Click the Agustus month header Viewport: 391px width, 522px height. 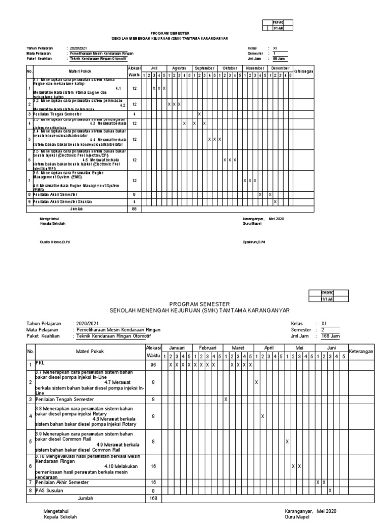tap(179, 68)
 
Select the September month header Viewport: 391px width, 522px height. tap(205, 68)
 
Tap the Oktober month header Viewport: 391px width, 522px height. tap(230, 68)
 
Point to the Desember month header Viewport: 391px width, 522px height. tap(280, 68)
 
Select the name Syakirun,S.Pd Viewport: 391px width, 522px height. tap(254, 242)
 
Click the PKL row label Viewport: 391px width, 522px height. tap(40, 363)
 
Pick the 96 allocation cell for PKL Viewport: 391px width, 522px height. tap(153, 366)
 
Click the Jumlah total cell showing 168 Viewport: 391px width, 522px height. tap(153, 499)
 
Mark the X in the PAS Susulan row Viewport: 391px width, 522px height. tap(330, 490)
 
